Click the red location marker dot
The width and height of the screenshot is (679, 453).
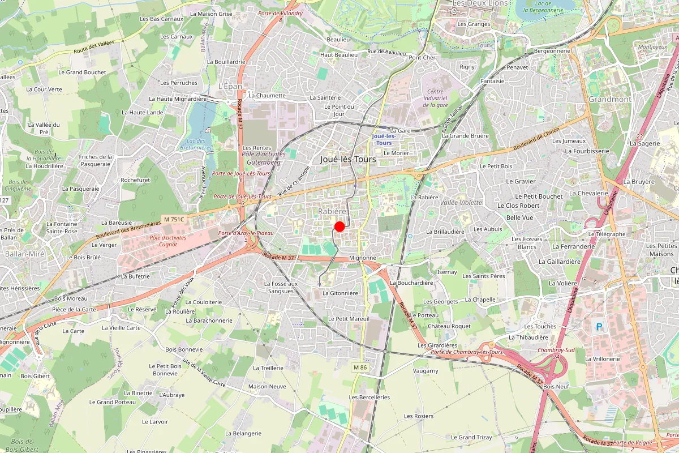[x=339, y=226]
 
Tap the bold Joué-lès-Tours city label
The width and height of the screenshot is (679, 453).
[x=348, y=160]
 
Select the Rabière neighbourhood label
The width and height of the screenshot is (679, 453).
[x=332, y=211]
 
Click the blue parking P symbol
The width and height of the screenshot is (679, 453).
[x=599, y=327]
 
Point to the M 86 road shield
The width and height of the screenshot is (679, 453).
[x=360, y=367]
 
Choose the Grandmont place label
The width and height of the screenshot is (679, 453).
[x=610, y=99]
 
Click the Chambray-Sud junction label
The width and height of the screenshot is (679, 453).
[x=556, y=350]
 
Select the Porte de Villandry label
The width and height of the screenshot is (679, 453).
[x=280, y=12]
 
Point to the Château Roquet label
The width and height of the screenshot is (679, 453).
[x=449, y=326]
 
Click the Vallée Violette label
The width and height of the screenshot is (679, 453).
[x=461, y=202]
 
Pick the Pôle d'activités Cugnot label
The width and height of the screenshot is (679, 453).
[x=164, y=241]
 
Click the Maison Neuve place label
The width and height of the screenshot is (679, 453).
[x=267, y=387]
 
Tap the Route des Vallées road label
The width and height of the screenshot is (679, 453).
[x=94, y=51]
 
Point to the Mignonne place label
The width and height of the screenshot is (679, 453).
[x=363, y=258]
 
